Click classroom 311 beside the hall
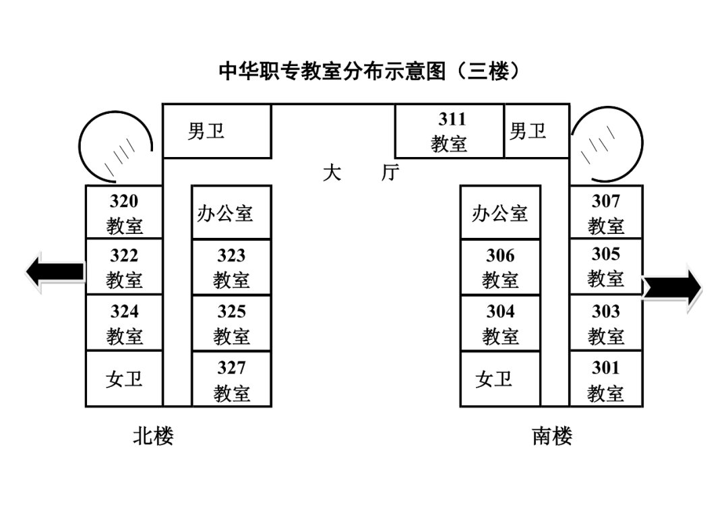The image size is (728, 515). pyautogui.click(x=449, y=131)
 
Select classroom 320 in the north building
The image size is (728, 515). pyautogui.click(x=124, y=212)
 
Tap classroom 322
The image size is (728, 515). pyautogui.click(x=124, y=267)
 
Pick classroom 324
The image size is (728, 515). pyautogui.click(x=124, y=323)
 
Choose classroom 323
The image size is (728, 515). pyautogui.click(x=231, y=268)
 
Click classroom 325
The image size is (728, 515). pyautogui.click(x=231, y=324)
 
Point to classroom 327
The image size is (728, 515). pyautogui.click(x=231, y=380)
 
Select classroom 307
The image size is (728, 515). pyautogui.click(x=605, y=212)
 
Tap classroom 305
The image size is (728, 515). pyautogui.click(x=605, y=266)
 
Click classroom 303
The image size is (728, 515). pyautogui.click(x=605, y=323)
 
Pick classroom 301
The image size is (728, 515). pyautogui.click(x=605, y=380)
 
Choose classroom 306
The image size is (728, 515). pyautogui.click(x=499, y=268)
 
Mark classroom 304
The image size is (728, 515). pyautogui.click(x=499, y=324)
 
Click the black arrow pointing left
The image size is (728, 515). pyautogui.click(x=55, y=272)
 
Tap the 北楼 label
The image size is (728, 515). pyautogui.click(x=153, y=436)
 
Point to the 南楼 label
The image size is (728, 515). pyautogui.click(x=552, y=436)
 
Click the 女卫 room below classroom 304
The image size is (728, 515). pyautogui.click(x=494, y=380)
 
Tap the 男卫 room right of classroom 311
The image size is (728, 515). pyautogui.click(x=528, y=131)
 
